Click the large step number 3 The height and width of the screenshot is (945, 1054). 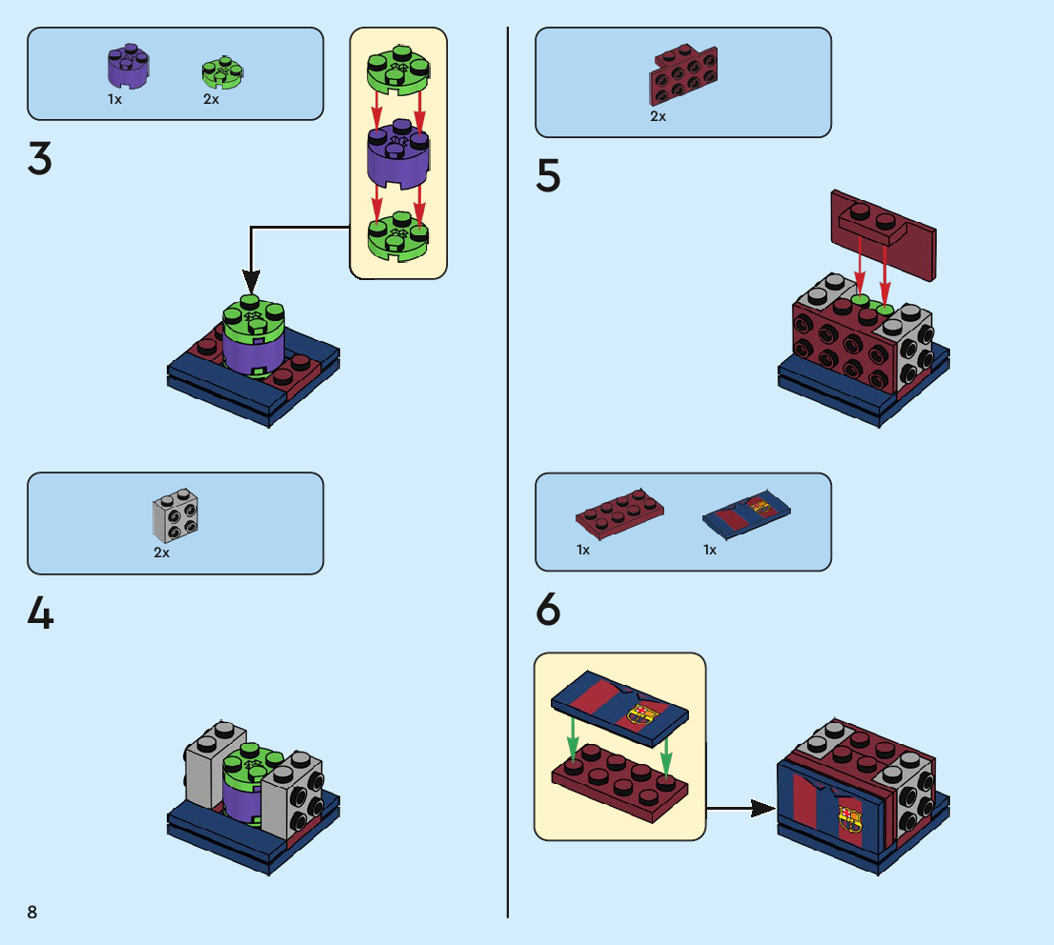40,159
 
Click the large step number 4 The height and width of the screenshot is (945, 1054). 40,614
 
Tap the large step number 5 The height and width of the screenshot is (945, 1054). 548,176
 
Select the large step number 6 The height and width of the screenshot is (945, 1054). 548,611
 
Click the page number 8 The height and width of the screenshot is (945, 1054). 32,912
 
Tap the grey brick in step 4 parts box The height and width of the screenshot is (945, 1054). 175,515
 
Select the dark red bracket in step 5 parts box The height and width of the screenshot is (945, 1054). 684,75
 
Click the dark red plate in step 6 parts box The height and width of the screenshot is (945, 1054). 619,512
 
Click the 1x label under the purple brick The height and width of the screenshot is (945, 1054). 114,99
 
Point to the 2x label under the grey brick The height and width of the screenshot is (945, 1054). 161,553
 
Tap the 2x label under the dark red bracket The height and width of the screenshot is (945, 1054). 658,116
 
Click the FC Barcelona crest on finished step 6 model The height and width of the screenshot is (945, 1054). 849,818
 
